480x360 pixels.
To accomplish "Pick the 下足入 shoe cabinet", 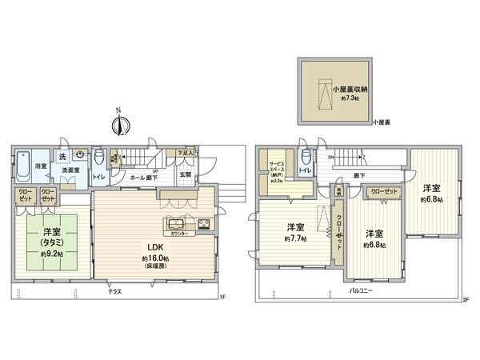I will pyautogui.click(x=186, y=153).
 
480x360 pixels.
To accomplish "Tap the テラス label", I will pyautogui.click(x=116, y=293).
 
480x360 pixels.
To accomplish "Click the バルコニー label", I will pyautogui.click(x=362, y=291).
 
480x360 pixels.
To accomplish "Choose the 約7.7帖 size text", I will pyautogui.click(x=295, y=238).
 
